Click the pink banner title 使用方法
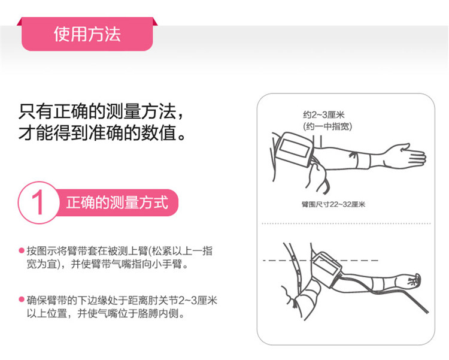87,34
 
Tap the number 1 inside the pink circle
38,202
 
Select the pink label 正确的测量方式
117,202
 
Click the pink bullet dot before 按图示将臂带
21,250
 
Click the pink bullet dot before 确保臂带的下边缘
21,300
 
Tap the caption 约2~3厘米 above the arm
323,115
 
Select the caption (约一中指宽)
327,126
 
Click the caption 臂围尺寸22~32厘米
333,204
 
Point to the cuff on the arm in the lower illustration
326,268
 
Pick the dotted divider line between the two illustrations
346,223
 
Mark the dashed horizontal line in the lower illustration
320,260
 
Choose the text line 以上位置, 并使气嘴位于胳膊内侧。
105,313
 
